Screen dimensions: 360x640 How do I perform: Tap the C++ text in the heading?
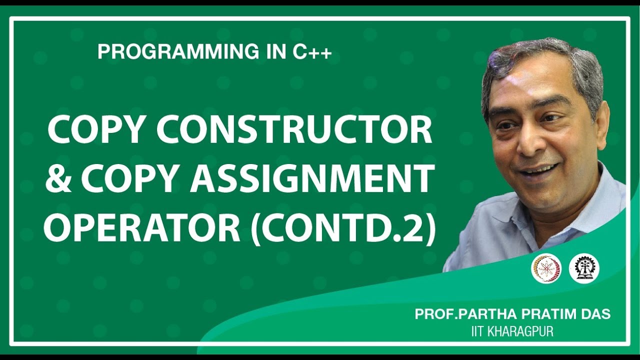click(312, 52)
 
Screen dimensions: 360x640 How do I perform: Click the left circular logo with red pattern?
click(546, 268)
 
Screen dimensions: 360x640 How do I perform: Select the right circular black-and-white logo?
click(583, 268)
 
